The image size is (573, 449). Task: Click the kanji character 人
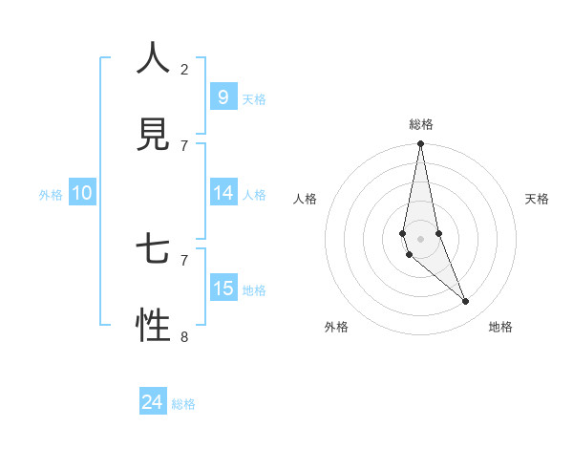click(153, 59)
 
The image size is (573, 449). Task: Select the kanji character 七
click(153, 250)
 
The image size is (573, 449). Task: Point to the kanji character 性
click(153, 326)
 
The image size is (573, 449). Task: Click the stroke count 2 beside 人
click(184, 69)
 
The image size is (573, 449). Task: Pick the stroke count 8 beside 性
click(184, 336)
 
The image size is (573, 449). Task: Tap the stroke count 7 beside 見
click(184, 145)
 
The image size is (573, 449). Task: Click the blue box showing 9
click(223, 96)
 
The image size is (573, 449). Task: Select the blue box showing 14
click(223, 193)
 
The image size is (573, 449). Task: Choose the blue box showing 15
click(223, 289)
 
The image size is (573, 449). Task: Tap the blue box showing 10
click(82, 193)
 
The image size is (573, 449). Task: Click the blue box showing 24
click(152, 403)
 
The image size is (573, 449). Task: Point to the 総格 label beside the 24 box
click(183, 404)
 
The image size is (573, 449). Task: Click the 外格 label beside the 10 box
click(51, 194)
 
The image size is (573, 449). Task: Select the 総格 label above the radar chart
click(420, 124)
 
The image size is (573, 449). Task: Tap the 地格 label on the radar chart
click(500, 327)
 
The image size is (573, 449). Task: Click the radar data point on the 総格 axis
click(420, 144)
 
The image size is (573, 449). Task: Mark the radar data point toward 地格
click(465, 301)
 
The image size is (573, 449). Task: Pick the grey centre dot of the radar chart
click(420, 238)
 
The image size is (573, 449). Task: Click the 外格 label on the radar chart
click(336, 327)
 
